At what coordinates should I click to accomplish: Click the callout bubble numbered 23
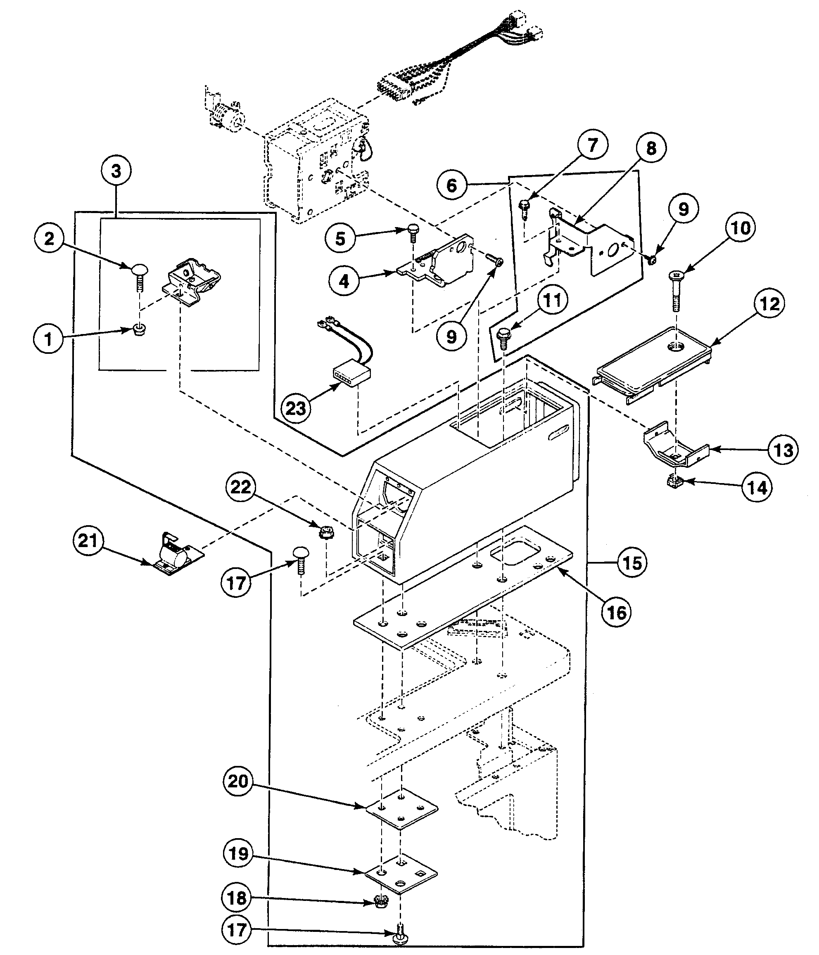pyautogui.click(x=296, y=408)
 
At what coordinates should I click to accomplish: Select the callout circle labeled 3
pyautogui.click(x=116, y=171)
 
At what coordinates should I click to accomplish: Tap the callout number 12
pyautogui.click(x=769, y=304)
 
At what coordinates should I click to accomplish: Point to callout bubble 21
pyautogui.click(x=88, y=540)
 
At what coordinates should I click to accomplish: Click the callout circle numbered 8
pyautogui.click(x=650, y=148)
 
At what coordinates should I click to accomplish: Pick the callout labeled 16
pyautogui.click(x=617, y=613)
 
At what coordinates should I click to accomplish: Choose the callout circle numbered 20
pyautogui.click(x=238, y=781)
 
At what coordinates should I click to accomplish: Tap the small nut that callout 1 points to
pyautogui.click(x=138, y=330)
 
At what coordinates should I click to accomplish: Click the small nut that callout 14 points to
pyautogui.click(x=674, y=483)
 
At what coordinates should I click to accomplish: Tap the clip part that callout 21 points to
pyautogui.click(x=174, y=555)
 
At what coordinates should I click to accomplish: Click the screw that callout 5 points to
pyautogui.click(x=413, y=233)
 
